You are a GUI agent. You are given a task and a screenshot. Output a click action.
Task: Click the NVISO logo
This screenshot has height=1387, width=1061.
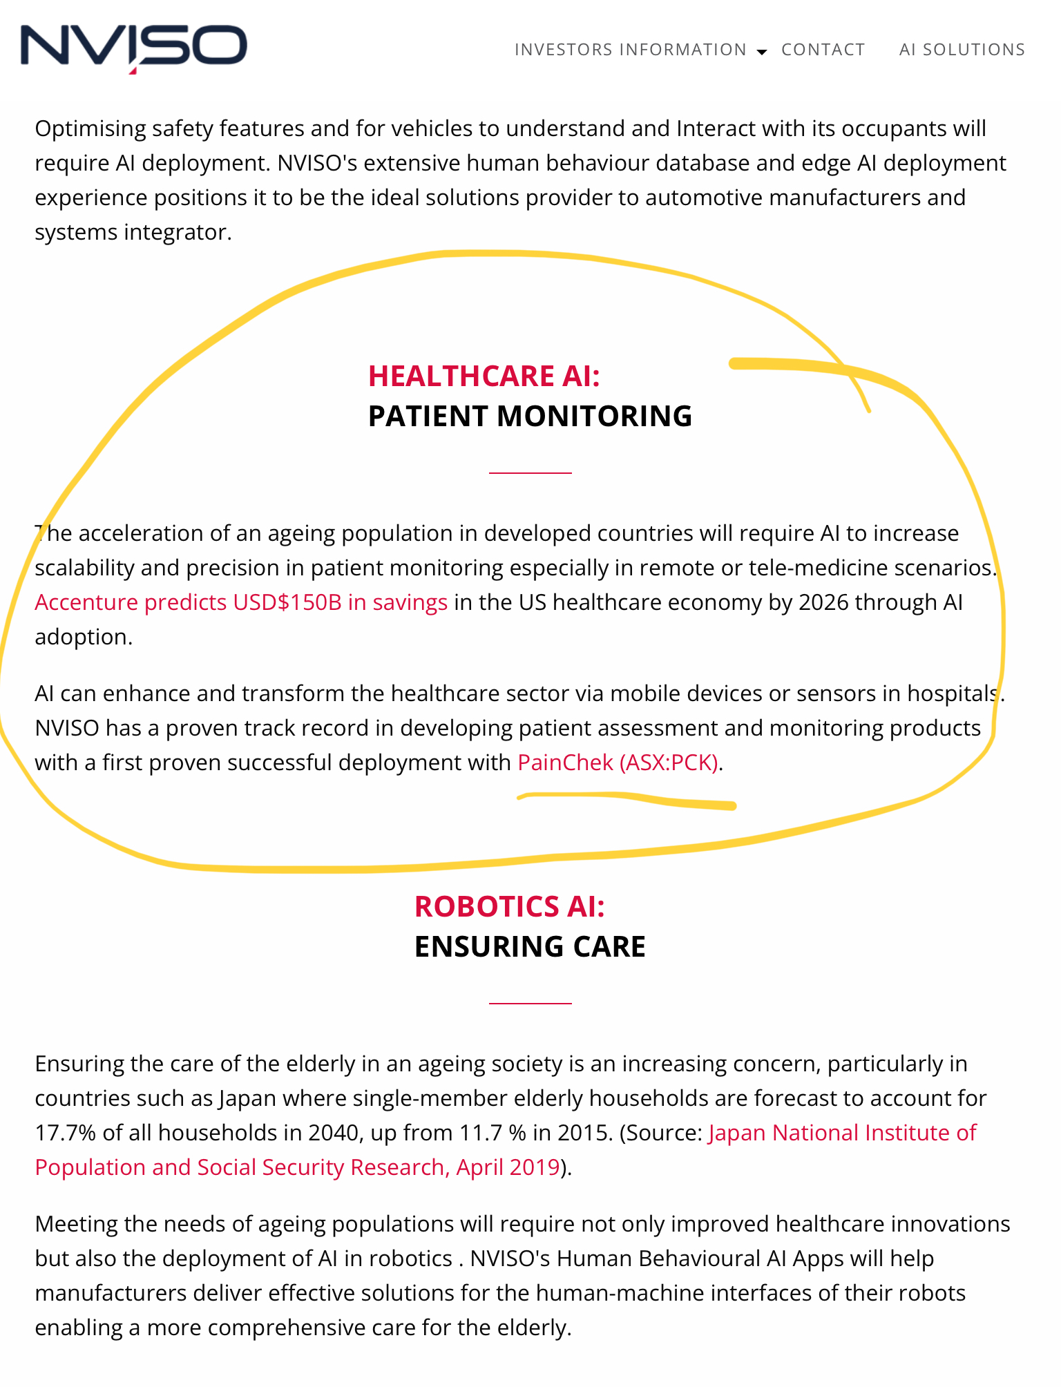[133, 47]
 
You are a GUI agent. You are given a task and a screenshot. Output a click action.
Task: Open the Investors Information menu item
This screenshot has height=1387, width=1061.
[630, 50]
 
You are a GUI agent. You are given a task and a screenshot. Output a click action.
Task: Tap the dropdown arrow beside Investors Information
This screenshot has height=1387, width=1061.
[762, 52]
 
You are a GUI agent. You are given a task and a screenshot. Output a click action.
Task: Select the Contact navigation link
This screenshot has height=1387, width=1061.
[823, 50]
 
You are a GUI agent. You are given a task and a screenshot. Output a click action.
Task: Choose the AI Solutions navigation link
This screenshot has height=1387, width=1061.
[962, 50]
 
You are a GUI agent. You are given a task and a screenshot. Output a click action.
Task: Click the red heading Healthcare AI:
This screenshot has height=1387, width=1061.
[484, 376]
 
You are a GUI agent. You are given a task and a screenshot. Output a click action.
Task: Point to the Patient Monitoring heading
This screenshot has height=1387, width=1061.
[530, 417]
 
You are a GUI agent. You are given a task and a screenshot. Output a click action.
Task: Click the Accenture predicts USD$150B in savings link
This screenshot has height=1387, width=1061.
[241, 602]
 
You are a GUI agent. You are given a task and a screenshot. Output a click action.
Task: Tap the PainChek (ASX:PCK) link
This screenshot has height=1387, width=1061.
[618, 763]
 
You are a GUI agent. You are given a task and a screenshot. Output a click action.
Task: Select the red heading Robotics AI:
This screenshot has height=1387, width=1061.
[509, 907]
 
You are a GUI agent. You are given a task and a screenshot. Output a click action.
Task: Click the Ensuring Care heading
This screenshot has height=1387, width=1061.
[530, 947]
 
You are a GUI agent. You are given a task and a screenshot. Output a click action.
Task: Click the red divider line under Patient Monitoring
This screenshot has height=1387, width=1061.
[530, 473]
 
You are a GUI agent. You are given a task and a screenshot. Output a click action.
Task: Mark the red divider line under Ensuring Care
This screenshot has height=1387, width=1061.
[530, 1003]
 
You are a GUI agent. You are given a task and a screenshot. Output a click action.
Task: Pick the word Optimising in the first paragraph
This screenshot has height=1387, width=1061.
[90, 129]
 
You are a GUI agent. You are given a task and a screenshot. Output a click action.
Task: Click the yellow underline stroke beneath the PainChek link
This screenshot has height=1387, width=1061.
[629, 799]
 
